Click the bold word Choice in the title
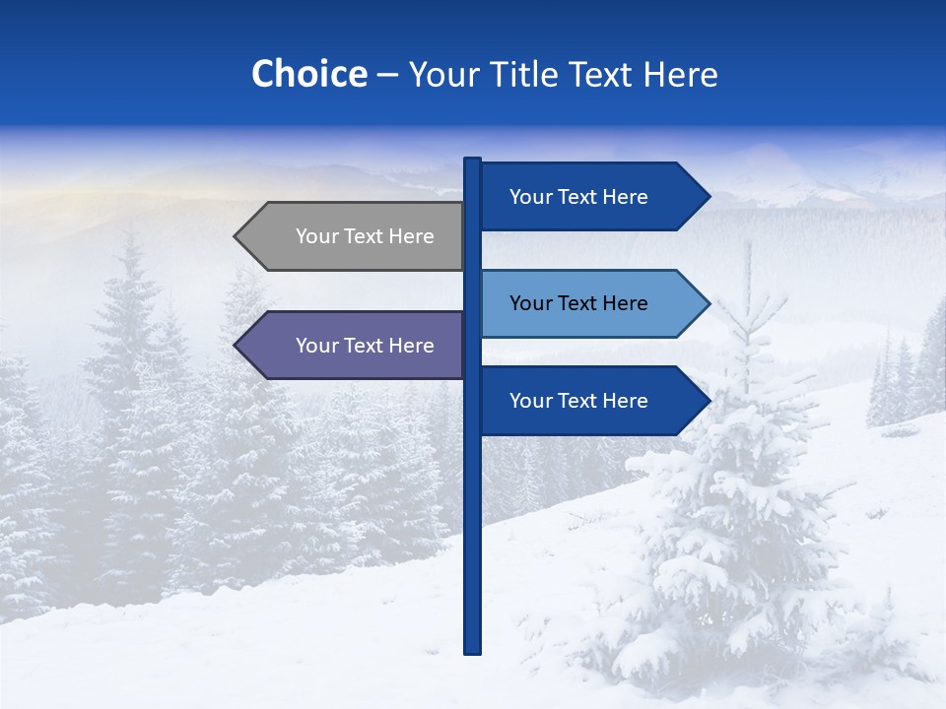[x=308, y=74]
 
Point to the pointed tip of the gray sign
[x=236, y=236]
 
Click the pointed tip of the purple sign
[x=236, y=346]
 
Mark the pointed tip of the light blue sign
[x=708, y=303]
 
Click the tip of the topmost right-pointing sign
[x=708, y=197]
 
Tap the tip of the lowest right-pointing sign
[x=708, y=401]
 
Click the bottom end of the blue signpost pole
[x=472, y=650]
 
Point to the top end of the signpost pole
[x=472, y=161]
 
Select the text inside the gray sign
[x=365, y=236]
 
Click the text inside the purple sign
[x=365, y=346]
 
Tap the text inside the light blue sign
[x=578, y=303]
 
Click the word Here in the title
[x=680, y=74]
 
